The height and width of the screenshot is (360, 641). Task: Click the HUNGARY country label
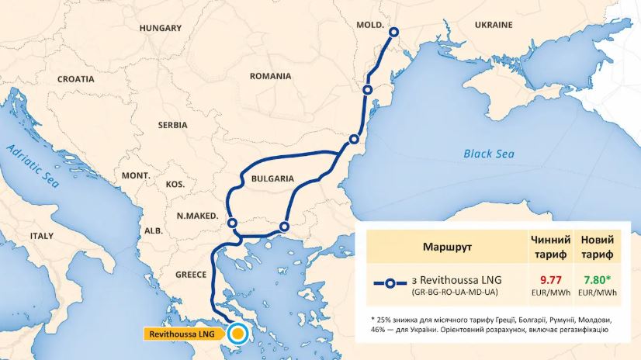160,28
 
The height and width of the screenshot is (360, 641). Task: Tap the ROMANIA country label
270,76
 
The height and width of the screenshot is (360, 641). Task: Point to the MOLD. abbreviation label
370,25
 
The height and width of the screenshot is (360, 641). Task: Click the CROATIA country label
75,79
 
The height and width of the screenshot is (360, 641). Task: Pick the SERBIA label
172,124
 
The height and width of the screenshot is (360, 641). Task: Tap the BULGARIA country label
272,178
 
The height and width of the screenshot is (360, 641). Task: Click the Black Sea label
489,154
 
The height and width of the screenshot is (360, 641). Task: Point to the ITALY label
43,235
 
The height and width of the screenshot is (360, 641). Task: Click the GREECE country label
190,275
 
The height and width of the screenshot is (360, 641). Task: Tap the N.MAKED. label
197,216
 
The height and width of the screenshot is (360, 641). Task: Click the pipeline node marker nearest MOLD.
393,32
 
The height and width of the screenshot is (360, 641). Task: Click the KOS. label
175,185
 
